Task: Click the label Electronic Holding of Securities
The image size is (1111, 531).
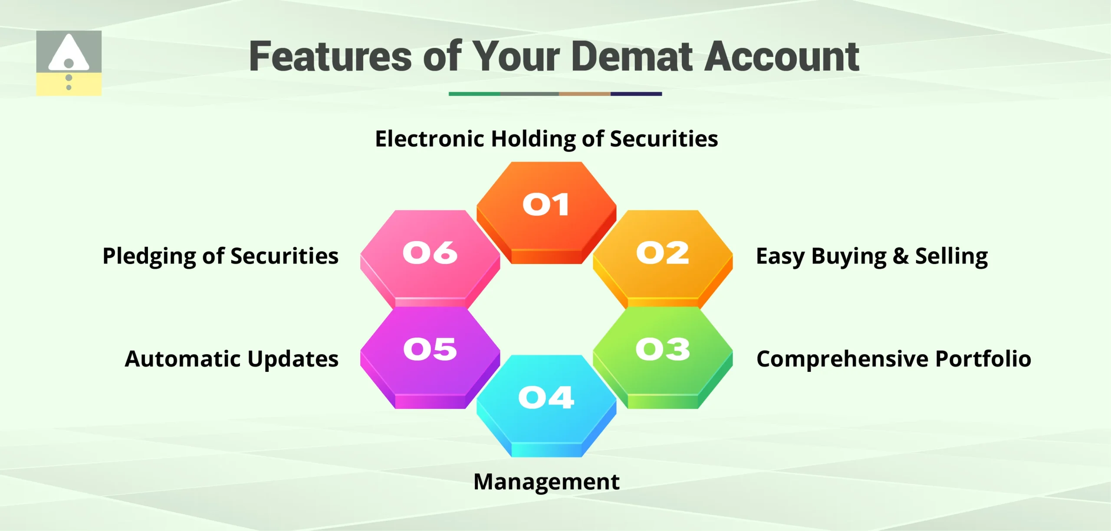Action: point(546,139)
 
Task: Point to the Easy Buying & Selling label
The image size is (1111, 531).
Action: point(871,256)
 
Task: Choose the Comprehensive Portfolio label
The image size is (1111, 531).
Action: point(893,359)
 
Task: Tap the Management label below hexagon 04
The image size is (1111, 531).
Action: point(546,482)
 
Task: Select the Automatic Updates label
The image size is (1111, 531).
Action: point(231,359)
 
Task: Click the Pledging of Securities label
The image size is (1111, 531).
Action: point(220,256)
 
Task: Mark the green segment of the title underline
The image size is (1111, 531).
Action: point(474,94)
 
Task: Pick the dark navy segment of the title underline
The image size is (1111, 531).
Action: point(636,94)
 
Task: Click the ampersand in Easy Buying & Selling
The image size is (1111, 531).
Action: point(900,256)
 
